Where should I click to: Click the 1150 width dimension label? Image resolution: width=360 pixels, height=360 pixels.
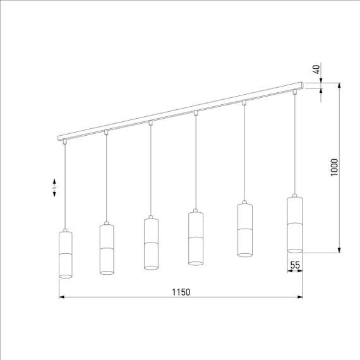[x=181, y=292]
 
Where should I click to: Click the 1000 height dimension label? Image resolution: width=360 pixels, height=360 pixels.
[x=335, y=167]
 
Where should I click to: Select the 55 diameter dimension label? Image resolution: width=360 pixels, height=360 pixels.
[x=295, y=265]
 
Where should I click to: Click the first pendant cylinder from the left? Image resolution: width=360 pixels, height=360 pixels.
[x=66, y=255]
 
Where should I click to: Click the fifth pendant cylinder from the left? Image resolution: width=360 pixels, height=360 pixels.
[x=244, y=230]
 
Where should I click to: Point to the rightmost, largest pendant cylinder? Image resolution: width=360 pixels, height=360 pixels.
[x=295, y=224]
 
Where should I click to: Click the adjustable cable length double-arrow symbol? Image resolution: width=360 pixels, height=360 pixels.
[x=55, y=188]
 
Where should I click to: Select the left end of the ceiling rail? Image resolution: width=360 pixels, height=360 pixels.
[x=59, y=138]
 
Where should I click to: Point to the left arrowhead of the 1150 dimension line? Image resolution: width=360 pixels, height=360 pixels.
[x=62, y=296]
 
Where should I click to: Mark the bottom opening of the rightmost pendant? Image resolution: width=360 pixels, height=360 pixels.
[x=295, y=250]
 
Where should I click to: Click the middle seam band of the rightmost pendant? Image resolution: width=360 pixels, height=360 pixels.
[x=295, y=224]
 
